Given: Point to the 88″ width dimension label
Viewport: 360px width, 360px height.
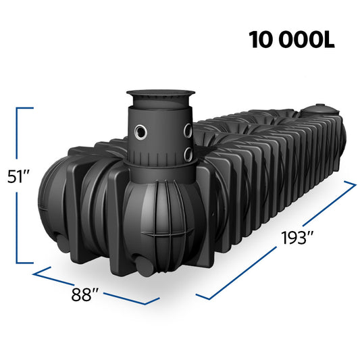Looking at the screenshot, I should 86,294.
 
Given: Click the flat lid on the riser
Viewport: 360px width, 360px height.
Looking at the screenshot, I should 158,97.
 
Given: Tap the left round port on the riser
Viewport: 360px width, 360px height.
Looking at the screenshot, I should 141,132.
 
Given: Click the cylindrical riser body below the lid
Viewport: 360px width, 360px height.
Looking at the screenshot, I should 159,135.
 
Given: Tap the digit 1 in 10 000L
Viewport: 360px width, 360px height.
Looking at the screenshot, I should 255,40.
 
